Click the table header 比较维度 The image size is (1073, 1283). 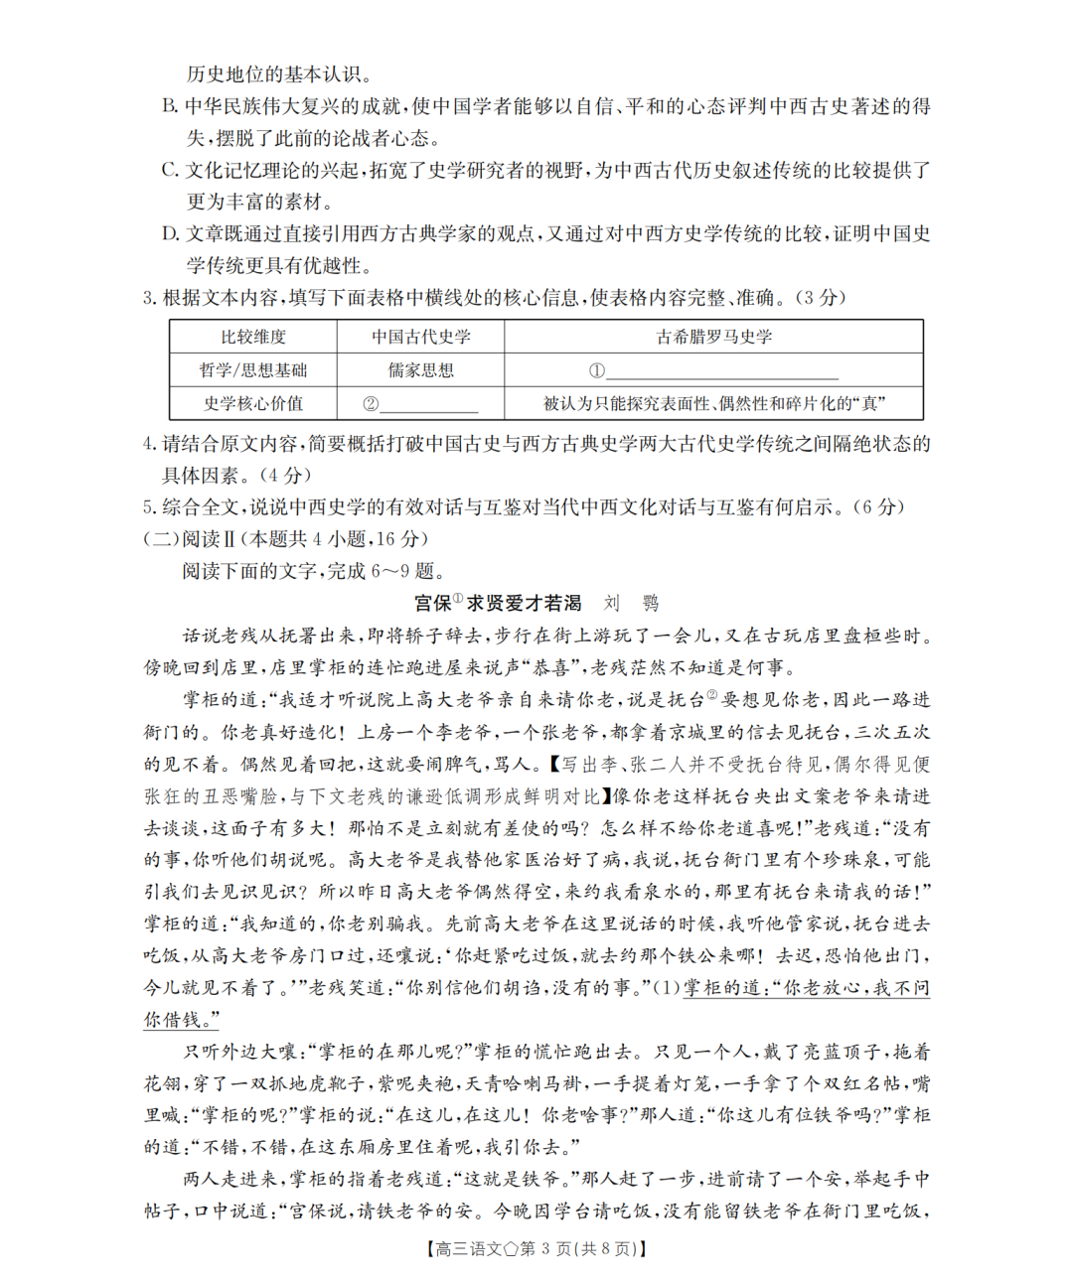click(252, 337)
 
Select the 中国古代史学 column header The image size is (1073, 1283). click(421, 337)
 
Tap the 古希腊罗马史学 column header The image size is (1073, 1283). click(713, 337)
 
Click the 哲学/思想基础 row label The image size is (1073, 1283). click(252, 370)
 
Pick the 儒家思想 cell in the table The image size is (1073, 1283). click(421, 370)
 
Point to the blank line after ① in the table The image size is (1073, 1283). click(722, 373)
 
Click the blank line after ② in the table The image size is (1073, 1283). click(429, 406)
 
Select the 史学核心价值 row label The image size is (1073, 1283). click(252, 403)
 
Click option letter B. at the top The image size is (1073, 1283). click(170, 106)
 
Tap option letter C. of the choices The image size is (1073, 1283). click(170, 170)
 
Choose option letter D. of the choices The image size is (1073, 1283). click(170, 233)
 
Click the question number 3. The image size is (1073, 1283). click(149, 298)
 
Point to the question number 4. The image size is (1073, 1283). click(149, 443)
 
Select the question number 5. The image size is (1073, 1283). click(149, 507)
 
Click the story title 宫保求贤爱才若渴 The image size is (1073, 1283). click(497, 603)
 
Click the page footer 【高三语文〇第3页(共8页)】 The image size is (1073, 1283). click(536, 1249)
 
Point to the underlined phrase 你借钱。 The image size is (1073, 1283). click(181, 1020)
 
